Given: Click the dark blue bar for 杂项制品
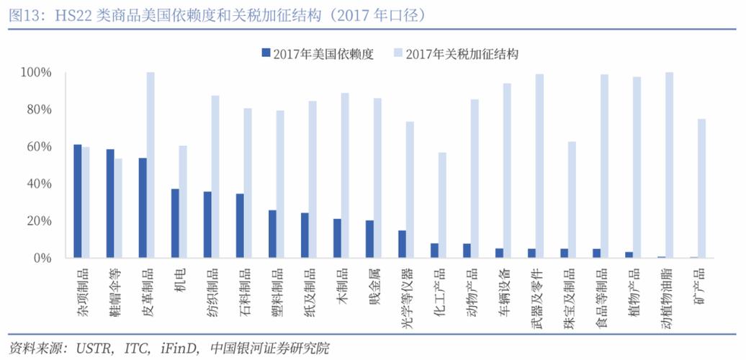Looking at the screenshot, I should pos(78,201).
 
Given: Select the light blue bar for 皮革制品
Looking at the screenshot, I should pos(150,165).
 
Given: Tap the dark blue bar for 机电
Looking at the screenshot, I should pos(175,223).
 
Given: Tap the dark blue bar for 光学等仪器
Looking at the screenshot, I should pos(402,244).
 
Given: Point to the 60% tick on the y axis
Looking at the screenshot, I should pos(36,147).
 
